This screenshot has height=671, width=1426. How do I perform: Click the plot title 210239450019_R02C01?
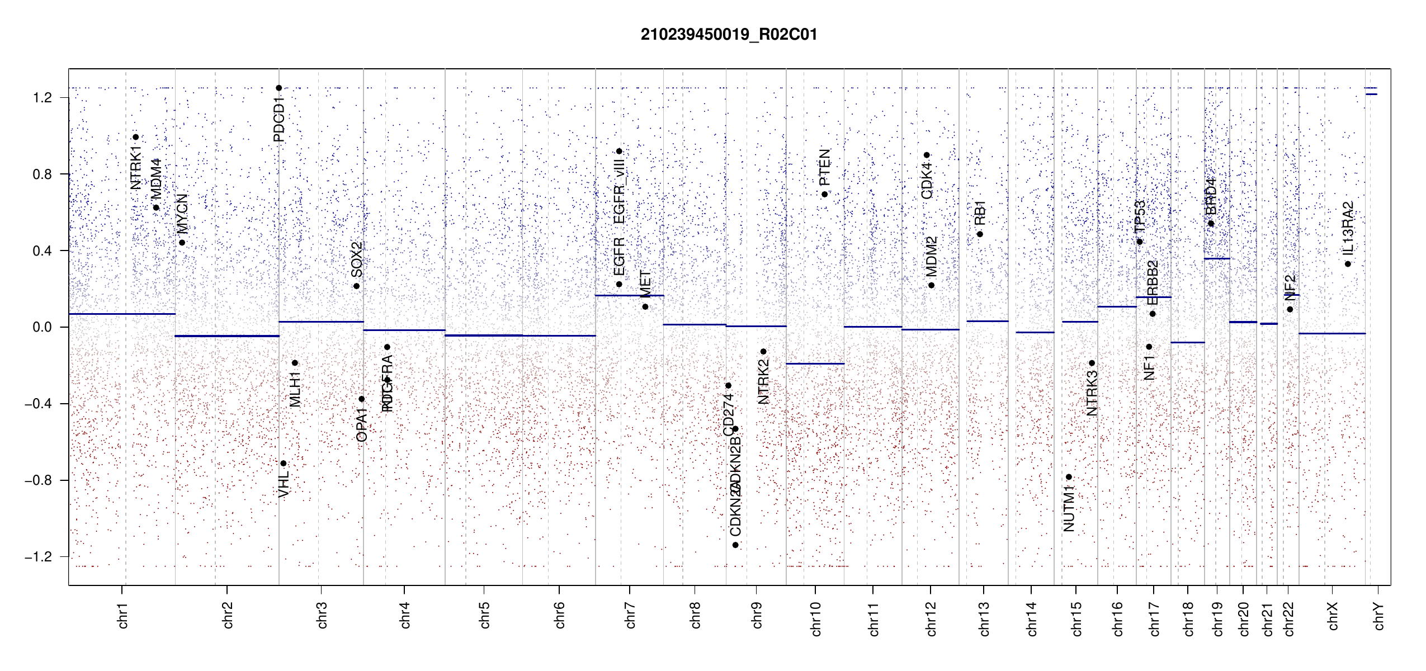point(729,35)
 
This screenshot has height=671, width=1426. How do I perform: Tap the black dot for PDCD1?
point(278,88)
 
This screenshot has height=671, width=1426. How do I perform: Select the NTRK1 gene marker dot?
point(135,137)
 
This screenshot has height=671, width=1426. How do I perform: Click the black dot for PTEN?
point(824,194)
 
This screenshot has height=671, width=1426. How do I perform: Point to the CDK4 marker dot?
point(927,155)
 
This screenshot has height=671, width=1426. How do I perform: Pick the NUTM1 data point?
point(1069,477)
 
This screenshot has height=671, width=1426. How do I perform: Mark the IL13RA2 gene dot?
point(1348,264)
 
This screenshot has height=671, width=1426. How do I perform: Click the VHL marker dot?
point(284,464)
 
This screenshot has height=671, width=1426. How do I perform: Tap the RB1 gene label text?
point(980,212)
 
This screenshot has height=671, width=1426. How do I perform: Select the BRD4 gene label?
point(1211,196)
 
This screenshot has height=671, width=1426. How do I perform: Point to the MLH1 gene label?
point(295,389)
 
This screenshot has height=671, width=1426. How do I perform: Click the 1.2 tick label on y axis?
point(42,98)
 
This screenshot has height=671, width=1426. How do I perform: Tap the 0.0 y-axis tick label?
point(42,327)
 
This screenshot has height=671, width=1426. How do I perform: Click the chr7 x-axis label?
point(630,615)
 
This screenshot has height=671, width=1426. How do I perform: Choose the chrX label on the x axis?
point(1333,616)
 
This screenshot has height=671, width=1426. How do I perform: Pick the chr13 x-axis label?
point(984,618)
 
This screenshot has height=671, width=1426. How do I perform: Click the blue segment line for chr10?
point(815,363)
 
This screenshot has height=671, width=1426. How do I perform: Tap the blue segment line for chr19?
point(1217,258)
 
